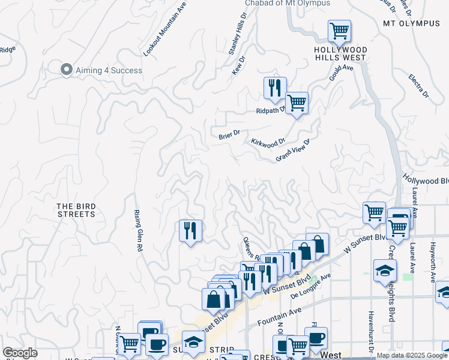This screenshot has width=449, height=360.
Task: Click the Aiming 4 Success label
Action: click(109, 70)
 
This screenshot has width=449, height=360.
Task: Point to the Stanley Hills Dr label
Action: click(238, 35)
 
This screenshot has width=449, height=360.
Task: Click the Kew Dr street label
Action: click(240, 65)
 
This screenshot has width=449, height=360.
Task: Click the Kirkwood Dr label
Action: click(268, 143)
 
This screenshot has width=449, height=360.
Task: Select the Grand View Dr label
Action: click(292, 151)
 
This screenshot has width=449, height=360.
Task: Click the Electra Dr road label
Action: click(418, 86)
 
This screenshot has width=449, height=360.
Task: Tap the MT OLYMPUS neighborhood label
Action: click(411, 23)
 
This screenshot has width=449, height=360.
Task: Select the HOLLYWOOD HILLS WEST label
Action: click(340, 53)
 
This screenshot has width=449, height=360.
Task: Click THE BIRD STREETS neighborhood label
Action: click(76, 210)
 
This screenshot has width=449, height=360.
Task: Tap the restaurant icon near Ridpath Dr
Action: click(275, 88)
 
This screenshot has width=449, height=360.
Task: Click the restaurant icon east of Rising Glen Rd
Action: click(190, 230)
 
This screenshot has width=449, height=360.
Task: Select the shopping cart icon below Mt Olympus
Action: click(339, 31)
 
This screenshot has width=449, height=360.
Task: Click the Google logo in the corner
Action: click(20, 353)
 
